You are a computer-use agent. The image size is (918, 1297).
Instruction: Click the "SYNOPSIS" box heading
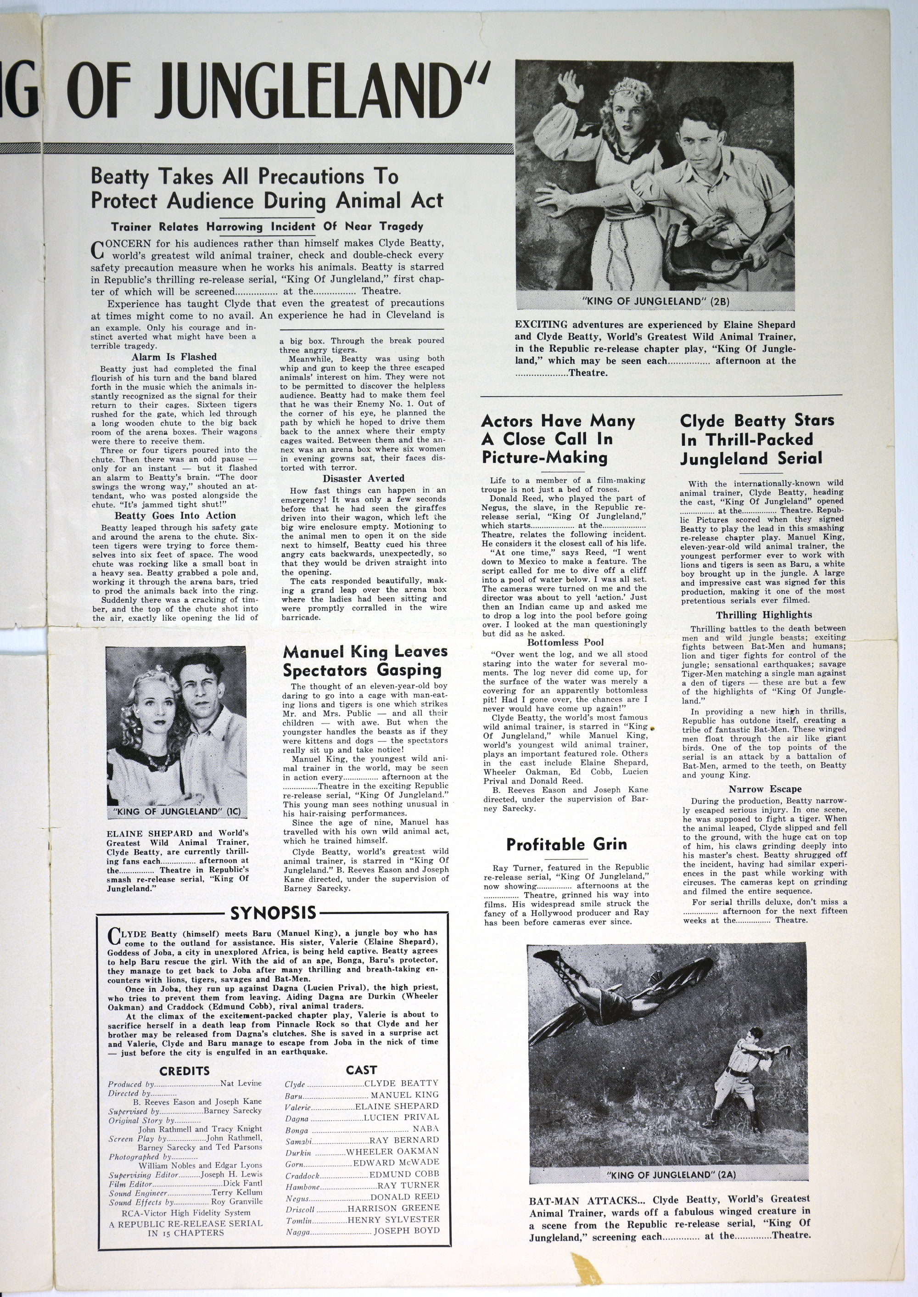[273, 913]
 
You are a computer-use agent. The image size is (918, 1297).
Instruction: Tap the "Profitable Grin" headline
[566, 844]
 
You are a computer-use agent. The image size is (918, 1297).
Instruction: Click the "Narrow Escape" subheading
[765, 789]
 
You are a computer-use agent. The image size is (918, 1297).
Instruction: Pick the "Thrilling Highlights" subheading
[764, 615]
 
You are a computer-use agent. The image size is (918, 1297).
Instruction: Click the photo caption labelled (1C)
[177, 811]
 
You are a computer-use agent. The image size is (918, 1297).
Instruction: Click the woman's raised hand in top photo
[569, 87]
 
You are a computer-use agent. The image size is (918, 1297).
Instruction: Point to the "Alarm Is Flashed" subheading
[174, 357]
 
